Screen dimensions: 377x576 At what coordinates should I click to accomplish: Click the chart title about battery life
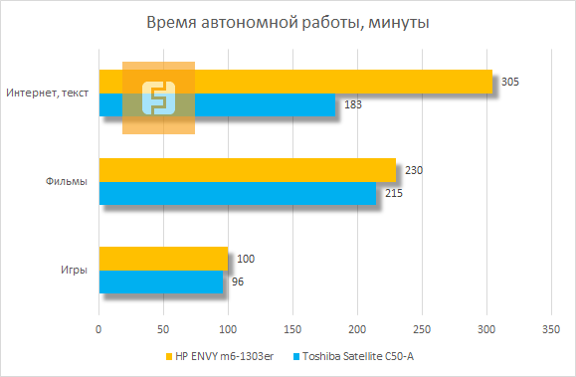(x=288, y=22)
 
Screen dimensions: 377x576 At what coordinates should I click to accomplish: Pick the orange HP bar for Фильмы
(x=247, y=170)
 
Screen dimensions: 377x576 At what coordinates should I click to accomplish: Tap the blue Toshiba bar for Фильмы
(x=238, y=193)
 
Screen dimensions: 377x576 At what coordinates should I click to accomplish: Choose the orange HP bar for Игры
(x=163, y=259)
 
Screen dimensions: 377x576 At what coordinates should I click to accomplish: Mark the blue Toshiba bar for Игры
(x=161, y=282)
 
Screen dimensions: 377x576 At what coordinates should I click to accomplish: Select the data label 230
(x=415, y=170)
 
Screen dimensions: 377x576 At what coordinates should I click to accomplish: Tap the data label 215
(x=394, y=193)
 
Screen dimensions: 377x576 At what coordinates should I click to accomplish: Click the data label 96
(x=237, y=282)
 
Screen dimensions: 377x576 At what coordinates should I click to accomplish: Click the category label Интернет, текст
(x=47, y=94)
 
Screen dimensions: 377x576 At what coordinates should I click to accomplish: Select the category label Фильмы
(x=66, y=182)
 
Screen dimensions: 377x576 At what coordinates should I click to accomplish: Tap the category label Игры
(x=72, y=271)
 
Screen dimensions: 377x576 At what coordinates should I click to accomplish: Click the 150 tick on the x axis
(x=292, y=328)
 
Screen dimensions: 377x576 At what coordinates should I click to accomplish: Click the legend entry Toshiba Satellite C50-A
(x=357, y=357)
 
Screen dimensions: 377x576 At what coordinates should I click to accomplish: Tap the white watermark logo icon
(x=158, y=97)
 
